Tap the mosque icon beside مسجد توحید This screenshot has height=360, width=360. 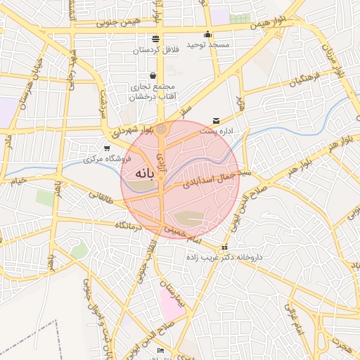[208, 34]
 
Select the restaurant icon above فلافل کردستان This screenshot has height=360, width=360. [155, 39]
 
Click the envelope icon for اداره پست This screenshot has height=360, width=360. [216, 121]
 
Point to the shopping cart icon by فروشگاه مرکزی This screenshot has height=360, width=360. [106, 148]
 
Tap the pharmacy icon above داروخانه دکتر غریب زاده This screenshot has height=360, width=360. [224, 247]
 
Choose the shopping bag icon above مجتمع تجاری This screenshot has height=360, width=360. [153, 76]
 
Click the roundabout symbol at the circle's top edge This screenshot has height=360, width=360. [162, 129]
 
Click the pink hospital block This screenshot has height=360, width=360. [169, 303]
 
